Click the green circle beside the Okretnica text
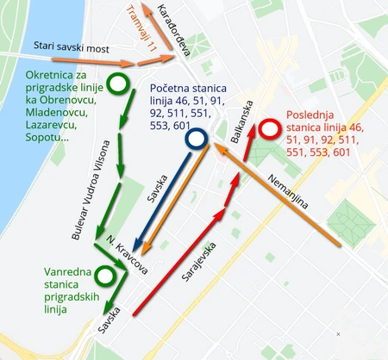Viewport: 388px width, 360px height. (x=118, y=83)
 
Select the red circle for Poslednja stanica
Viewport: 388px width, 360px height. (x=271, y=131)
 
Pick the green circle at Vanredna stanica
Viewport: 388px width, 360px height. (x=105, y=276)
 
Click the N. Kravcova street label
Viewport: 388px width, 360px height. (x=126, y=254)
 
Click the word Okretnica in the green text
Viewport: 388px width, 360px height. (x=53, y=74)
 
